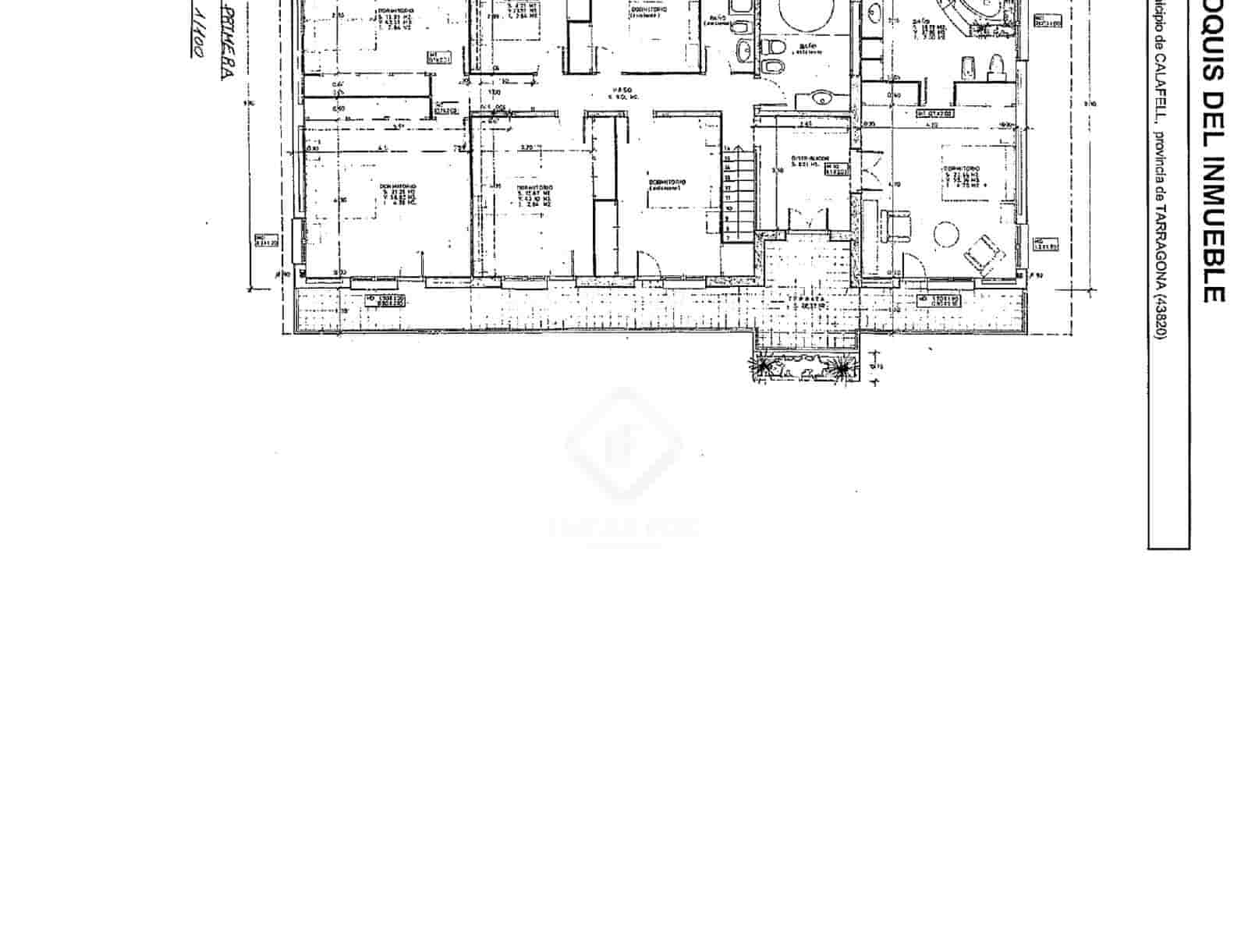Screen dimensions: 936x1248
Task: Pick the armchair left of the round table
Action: click(x=898, y=224)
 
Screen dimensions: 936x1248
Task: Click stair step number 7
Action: click(x=729, y=236)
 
